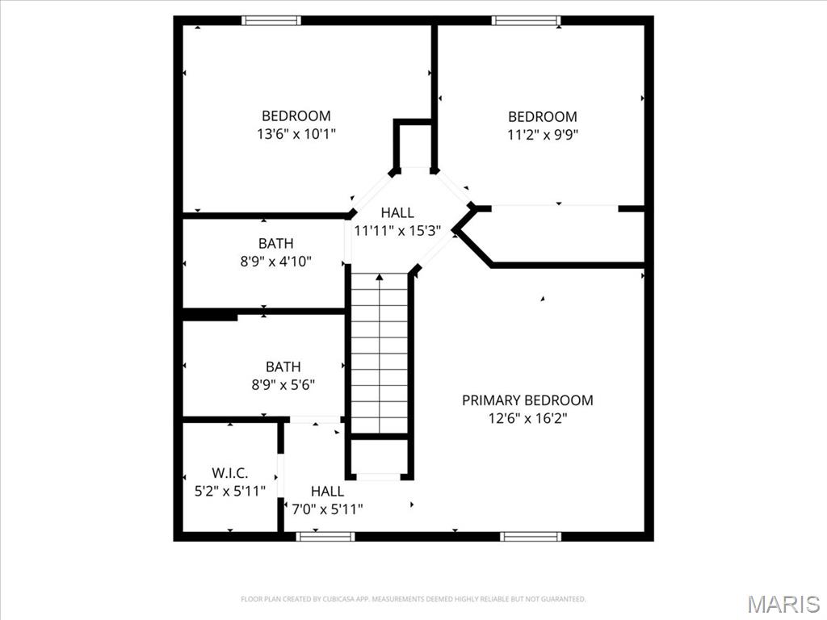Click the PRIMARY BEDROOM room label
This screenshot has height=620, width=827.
(x=527, y=400)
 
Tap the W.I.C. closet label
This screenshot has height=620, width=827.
(x=229, y=472)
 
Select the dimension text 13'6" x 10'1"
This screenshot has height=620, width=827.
(x=296, y=134)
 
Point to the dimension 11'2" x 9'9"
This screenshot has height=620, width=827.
(x=543, y=135)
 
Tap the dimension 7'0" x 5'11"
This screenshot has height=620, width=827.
(x=328, y=509)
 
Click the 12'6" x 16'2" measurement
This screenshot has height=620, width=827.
(x=527, y=419)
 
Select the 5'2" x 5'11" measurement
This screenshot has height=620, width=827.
(x=230, y=492)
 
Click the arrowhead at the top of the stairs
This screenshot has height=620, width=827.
(x=380, y=277)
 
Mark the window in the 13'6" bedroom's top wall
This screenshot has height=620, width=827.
(x=271, y=20)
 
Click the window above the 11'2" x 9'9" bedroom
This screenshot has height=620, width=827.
(x=526, y=20)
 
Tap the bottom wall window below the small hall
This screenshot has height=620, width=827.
(x=325, y=537)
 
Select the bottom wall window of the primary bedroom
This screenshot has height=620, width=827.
(x=531, y=537)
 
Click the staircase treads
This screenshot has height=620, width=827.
(x=380, y=354)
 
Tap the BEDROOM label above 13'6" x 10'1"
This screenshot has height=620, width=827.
(x=296, y=115)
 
